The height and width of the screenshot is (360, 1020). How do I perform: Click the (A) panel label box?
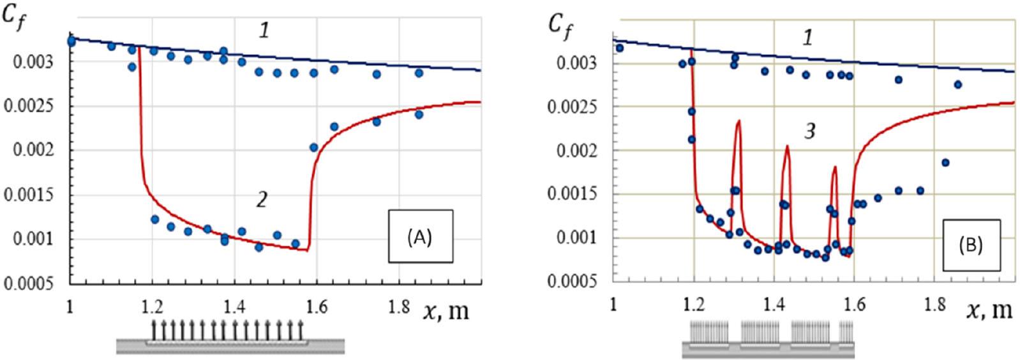[x=419, y=236]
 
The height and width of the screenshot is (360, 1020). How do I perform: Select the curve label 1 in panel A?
[x=263, y=29]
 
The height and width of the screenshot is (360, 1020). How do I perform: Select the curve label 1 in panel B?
[x=808, y=38]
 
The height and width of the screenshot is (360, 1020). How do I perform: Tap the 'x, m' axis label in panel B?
[x=989, y=311]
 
